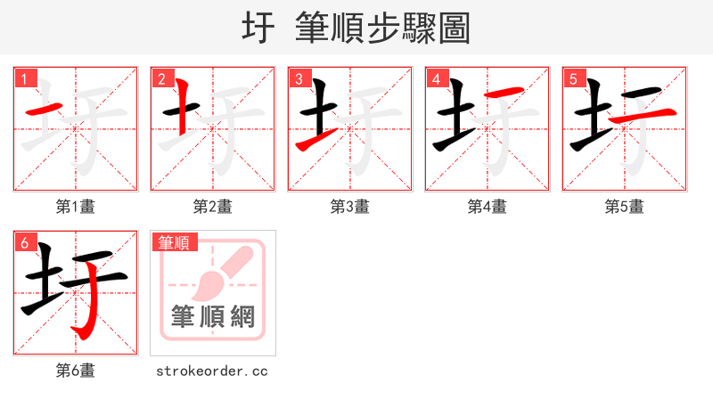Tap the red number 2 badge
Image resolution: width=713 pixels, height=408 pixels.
click(161, 79)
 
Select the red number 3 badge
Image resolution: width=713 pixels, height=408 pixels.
click(299, 79)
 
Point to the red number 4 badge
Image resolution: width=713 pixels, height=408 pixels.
click(436, 79)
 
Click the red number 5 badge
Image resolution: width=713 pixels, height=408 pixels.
click(573, 79)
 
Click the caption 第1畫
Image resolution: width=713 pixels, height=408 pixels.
click(76, 207)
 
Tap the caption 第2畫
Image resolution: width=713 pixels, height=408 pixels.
click(213, 207)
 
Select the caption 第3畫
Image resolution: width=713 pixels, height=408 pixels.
click(350, 207)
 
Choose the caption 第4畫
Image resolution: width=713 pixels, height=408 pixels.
click(488, 207)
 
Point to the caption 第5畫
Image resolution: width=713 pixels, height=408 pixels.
click(625, 207)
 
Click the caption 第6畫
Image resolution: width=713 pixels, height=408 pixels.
click(76, 371)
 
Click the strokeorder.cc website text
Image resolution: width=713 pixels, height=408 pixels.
click(213, 371)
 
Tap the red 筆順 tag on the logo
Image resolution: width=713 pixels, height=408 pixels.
click(175, 242)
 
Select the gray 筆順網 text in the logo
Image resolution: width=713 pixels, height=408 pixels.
click(213, 316)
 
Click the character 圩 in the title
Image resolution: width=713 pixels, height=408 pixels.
click(258, 28)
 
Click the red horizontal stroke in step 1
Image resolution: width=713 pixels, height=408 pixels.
click(44, 110)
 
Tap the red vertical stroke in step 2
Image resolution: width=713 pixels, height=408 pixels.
click(181, 107)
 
